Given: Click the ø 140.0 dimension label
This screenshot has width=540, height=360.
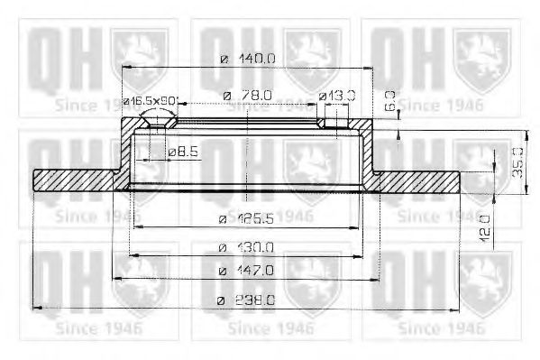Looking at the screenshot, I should (x=248, y=60).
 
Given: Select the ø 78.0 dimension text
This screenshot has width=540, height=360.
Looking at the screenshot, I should (x=248, y=95).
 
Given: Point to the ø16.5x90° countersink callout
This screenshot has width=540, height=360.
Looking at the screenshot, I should (x=151, y=100).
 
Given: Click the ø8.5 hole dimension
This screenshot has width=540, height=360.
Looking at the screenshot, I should (x=183, y=152).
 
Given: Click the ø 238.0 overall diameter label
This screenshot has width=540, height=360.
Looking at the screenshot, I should (x=248, y=300).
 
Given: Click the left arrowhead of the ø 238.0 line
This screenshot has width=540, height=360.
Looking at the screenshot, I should (x=38, y=309).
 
